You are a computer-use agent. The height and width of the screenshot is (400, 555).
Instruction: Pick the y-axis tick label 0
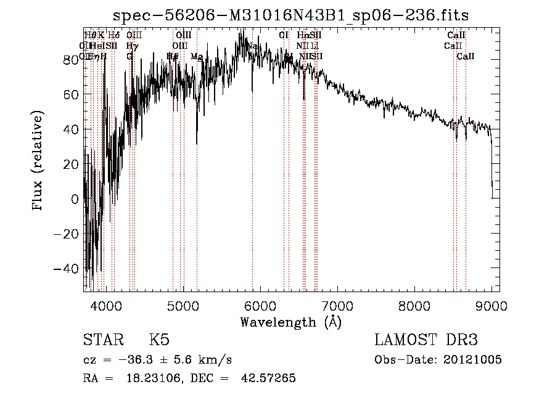point(74,200)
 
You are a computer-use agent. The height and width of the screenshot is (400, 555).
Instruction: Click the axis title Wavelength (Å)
point(291,322)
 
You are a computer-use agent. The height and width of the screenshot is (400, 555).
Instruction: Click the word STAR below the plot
point(103,340)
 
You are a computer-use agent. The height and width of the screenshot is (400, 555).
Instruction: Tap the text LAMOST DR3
point(426,340)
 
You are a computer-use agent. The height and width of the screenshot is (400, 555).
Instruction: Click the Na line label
point(252,46)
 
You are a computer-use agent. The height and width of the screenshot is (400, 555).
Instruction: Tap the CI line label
point(284,35)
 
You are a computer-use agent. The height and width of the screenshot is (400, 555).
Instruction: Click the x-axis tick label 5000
point(183,306)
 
